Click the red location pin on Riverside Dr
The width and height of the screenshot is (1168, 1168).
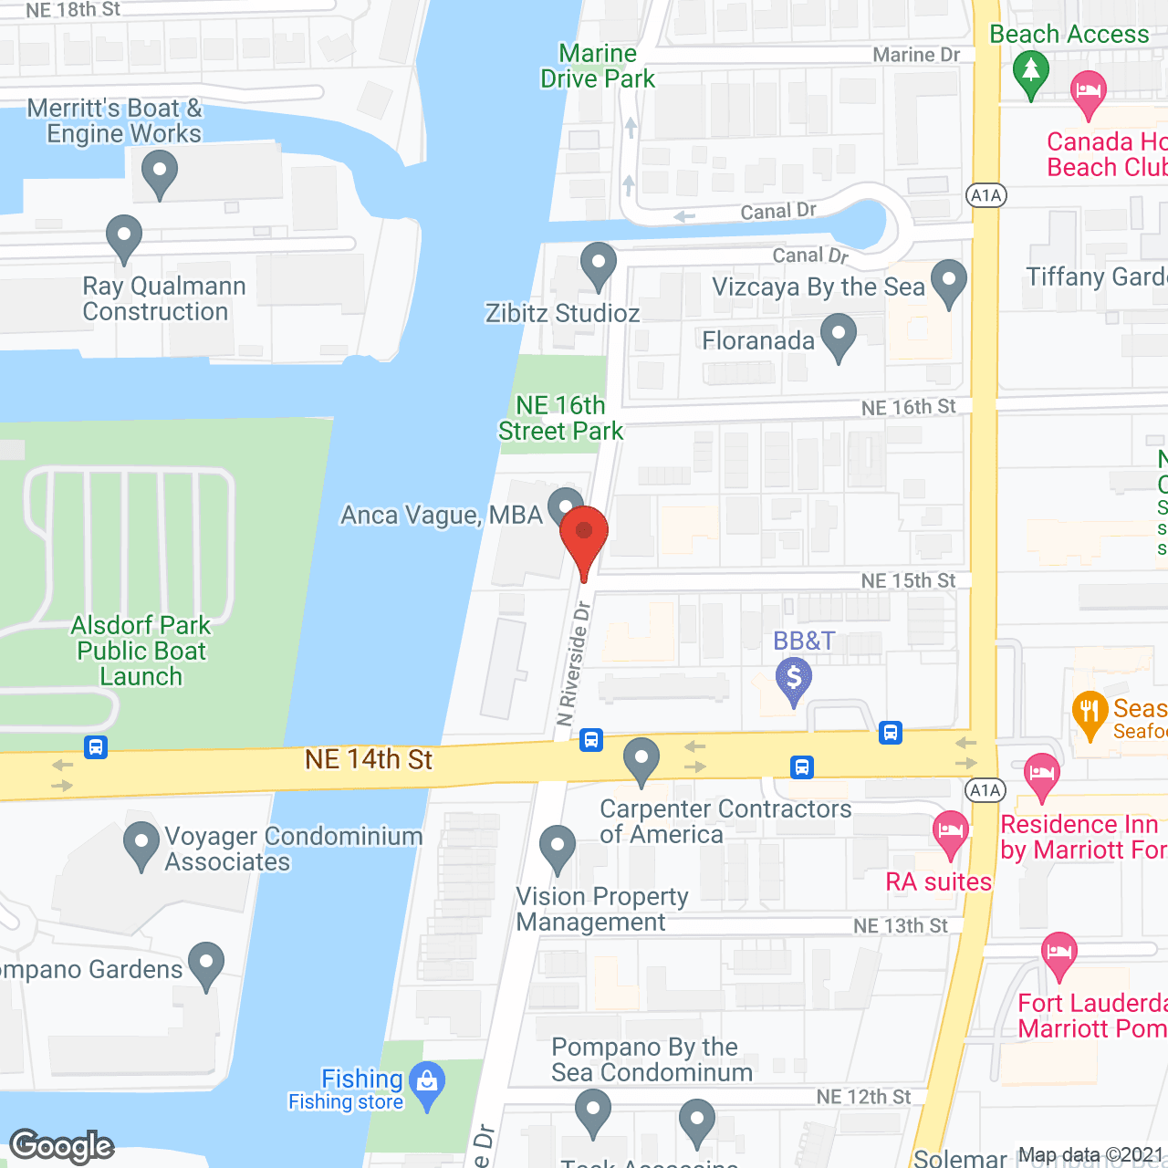(x=584, y=533)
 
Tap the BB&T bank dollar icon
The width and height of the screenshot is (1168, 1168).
(x=794, y=679)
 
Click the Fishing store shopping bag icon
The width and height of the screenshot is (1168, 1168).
(x=426, y=1082)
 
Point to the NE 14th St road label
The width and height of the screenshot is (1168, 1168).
(x=369, y=759)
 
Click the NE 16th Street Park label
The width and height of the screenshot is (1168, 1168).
(x=560, y=418)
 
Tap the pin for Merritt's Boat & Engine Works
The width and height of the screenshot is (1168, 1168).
(x=160, y=172)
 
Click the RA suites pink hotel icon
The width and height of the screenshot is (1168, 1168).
(x=951, y=831)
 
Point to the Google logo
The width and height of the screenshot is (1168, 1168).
(x=62, y=1146)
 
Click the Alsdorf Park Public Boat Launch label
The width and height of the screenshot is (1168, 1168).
(x=141, y=651)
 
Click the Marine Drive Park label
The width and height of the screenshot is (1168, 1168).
(x=598, y=66)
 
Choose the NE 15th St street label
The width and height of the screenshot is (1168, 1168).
(x=908, y=581)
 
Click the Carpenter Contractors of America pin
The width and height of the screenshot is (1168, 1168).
(x=641, y=758)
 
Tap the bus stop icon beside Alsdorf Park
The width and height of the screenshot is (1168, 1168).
(x=96, y=747)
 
